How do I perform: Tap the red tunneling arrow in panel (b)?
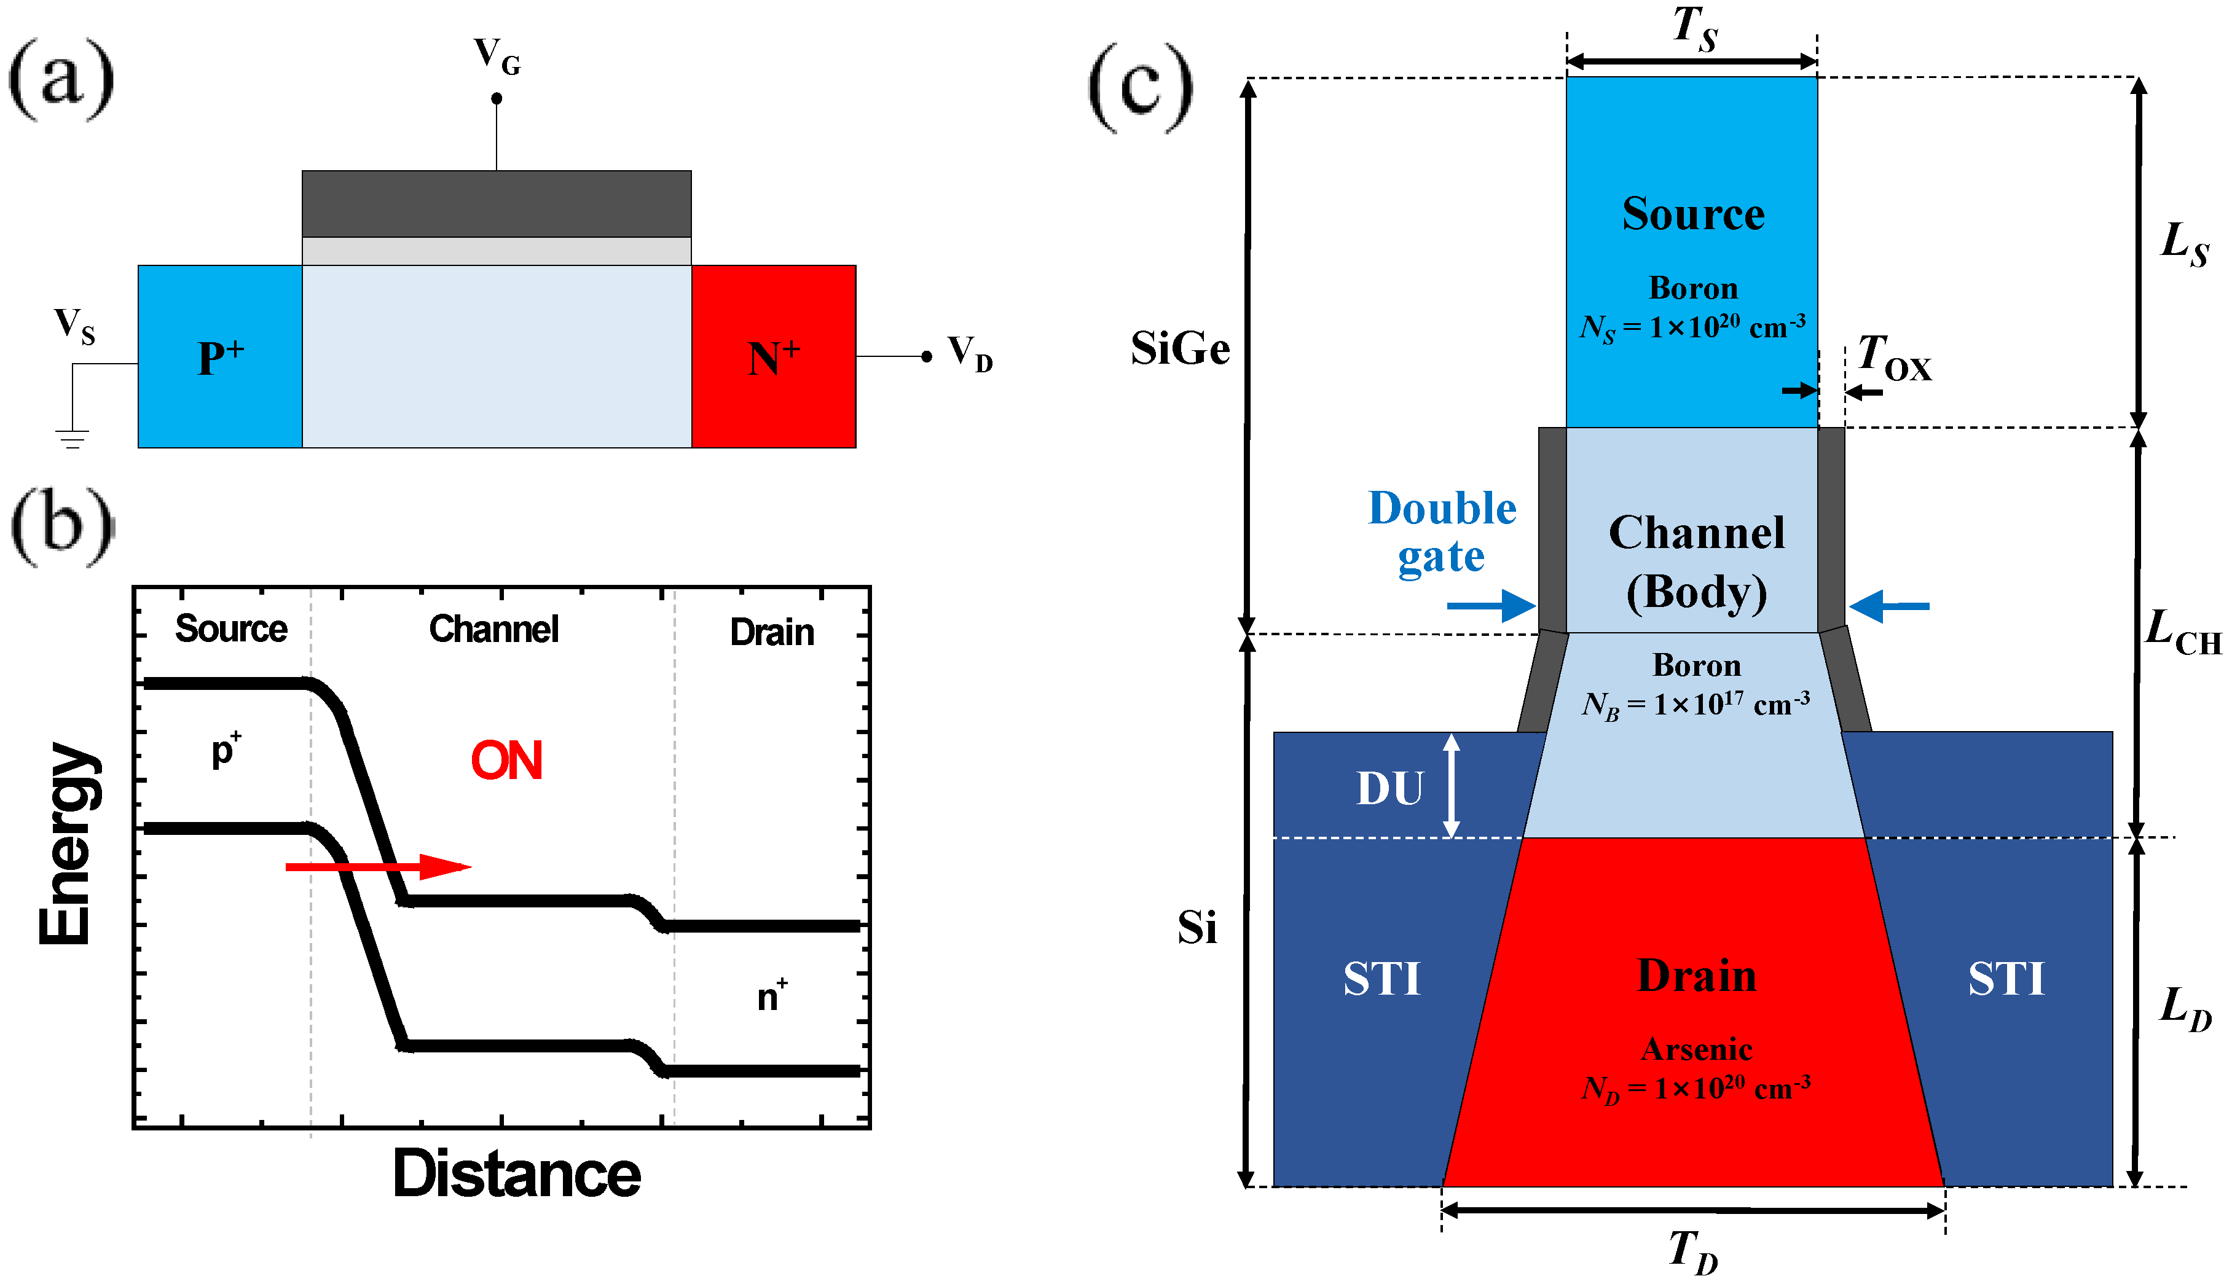[379, 867]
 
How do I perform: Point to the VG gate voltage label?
[497, 55]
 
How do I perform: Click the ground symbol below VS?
[73, 438]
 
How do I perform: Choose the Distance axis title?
[517, 1175]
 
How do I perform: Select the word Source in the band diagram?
[231, 628]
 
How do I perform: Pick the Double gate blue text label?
[1442, 532]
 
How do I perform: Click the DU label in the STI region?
[1390, 788]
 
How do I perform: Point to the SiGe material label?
[1180, 348]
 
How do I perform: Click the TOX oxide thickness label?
[1894, 358]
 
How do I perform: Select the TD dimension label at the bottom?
[1693, 1250]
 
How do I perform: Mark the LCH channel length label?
[2183, 632]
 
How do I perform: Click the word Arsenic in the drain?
[1697, 1049]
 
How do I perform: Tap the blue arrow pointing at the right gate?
[1889, 606]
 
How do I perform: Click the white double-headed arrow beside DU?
[1452, 786]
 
